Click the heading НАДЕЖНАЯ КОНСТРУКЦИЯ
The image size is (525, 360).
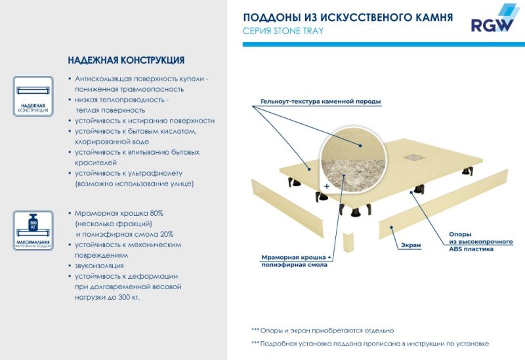point(125,60)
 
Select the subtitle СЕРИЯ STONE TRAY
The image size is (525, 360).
point(283,31)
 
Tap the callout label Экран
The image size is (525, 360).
point(411,245)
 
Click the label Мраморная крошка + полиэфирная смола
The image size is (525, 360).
point(296,261)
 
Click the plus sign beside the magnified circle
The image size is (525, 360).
point(325,186)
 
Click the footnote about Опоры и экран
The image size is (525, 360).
point(322,330)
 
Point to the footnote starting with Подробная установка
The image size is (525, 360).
point(370,344)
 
